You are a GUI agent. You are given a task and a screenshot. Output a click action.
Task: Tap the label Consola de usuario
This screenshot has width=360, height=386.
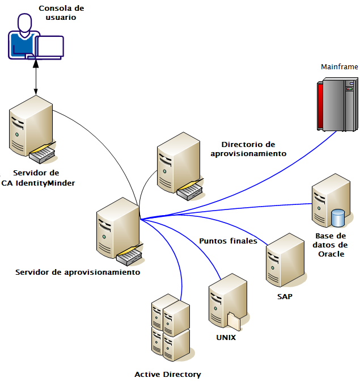tap(57, 13)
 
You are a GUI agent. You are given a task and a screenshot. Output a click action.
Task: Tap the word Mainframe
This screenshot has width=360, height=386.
tap(340, 66)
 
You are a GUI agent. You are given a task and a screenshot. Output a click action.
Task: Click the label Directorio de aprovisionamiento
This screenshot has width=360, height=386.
tap(248, 149)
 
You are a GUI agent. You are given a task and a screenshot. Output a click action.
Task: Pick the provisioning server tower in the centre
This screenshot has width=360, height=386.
tap(116, 230)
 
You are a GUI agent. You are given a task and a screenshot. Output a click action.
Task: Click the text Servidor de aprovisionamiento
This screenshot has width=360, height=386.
tap(78, 272)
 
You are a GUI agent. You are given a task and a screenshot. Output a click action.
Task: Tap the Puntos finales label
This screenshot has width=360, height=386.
tap(228, 241)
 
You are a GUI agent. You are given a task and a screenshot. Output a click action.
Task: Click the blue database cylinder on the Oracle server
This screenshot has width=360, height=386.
tap(338, 218)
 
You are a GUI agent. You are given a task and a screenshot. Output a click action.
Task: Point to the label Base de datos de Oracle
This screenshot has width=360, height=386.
tap(331, 245)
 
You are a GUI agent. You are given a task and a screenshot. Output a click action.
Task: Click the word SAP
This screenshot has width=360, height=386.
tap(285, 296)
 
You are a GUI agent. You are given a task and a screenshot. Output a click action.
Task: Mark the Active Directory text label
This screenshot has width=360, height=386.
tap(168, 374)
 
